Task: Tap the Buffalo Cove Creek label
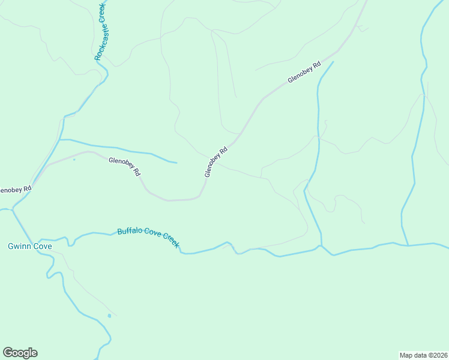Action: click(x=148, y=238)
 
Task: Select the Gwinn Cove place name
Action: click(x=30, y=247)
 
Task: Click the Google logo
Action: click(x=20, y=353)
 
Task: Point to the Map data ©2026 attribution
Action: click(x=423, y=355)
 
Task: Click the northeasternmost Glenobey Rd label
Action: click(x=304, y=71)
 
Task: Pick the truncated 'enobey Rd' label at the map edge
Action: click(x=14, y=190)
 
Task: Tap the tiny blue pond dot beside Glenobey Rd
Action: click(x=74, y=160)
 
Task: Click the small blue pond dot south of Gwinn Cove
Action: click(x=109, y=316)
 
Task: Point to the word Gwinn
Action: click(x=20, y=247)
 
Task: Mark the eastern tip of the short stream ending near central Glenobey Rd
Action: click(x=176, y=162)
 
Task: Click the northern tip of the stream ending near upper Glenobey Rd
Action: click(x=333, y=61)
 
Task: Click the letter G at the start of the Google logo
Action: click(x=8, y=352)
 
